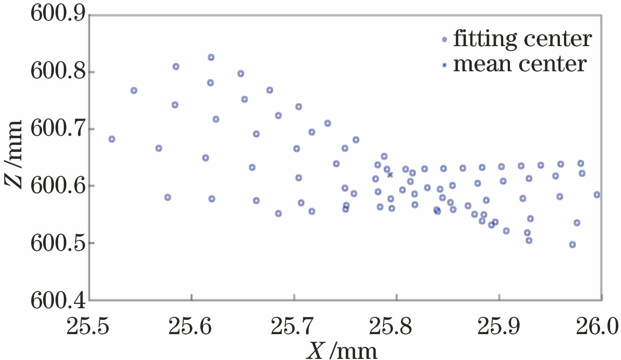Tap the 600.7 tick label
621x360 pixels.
coord(58,129)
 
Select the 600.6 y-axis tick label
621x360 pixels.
coord(58,186)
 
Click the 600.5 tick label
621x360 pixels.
coord(58,243)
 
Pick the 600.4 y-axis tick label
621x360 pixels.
coord(58,300)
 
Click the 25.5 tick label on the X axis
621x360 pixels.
coord(88,326)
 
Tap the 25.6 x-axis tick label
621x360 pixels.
coord(190,326)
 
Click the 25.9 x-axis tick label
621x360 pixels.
coord(499,326)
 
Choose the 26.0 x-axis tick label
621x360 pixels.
coord(597,326)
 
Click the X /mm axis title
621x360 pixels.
coord(342,351)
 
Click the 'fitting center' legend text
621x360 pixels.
coord(522,39)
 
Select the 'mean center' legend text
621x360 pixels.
coord(520,64)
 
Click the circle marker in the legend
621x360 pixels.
coord(444,39)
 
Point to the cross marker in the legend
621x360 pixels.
coord(444,65)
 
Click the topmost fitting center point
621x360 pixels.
coord(211,57)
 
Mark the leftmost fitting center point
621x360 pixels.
coord(112,139)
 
